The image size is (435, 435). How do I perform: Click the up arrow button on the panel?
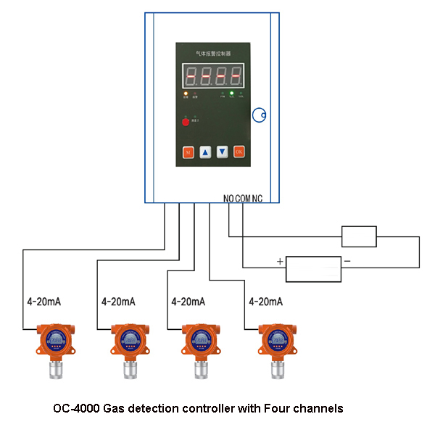205,152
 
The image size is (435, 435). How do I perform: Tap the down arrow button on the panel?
222,152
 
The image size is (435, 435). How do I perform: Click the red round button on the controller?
185,123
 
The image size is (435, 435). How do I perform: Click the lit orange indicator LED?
185,94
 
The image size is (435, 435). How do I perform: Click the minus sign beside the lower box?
348,261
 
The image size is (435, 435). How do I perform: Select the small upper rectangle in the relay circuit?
359,236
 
